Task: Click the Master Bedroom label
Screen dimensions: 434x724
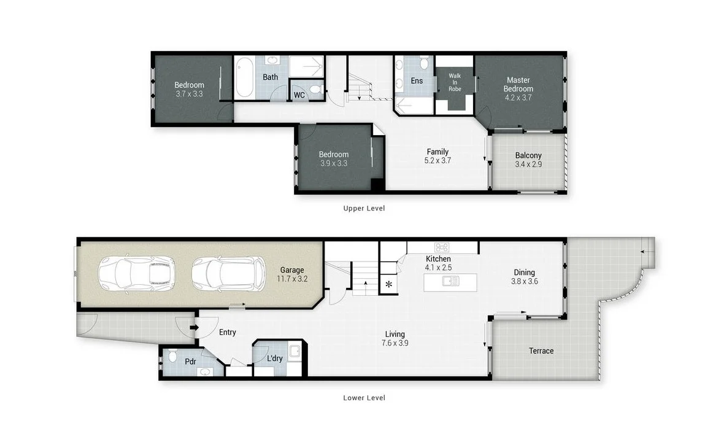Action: coord(518,84)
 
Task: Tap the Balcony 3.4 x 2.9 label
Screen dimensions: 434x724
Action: coord(528,160)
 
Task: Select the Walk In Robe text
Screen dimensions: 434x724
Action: coord(454,82)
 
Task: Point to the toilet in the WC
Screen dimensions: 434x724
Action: coord(315,90)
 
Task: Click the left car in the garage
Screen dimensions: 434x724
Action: coord(137,273)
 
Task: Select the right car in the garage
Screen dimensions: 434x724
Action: coord(228,273)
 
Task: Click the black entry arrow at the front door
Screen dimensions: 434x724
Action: coord(194,327)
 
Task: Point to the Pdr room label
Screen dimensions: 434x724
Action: coord(190,362)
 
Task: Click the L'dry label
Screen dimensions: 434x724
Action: coord(274,358)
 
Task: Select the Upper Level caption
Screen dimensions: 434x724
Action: coord(364,208)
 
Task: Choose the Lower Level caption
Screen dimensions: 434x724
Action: coord(364,398)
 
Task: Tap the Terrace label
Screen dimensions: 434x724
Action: coord(541,351)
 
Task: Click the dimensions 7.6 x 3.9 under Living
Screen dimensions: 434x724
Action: coord(395,343)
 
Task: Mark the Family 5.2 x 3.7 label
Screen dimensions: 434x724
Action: coord(437,156)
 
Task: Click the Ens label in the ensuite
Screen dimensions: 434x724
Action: coord(417,81)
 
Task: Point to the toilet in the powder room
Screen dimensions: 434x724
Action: coord(173,356)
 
